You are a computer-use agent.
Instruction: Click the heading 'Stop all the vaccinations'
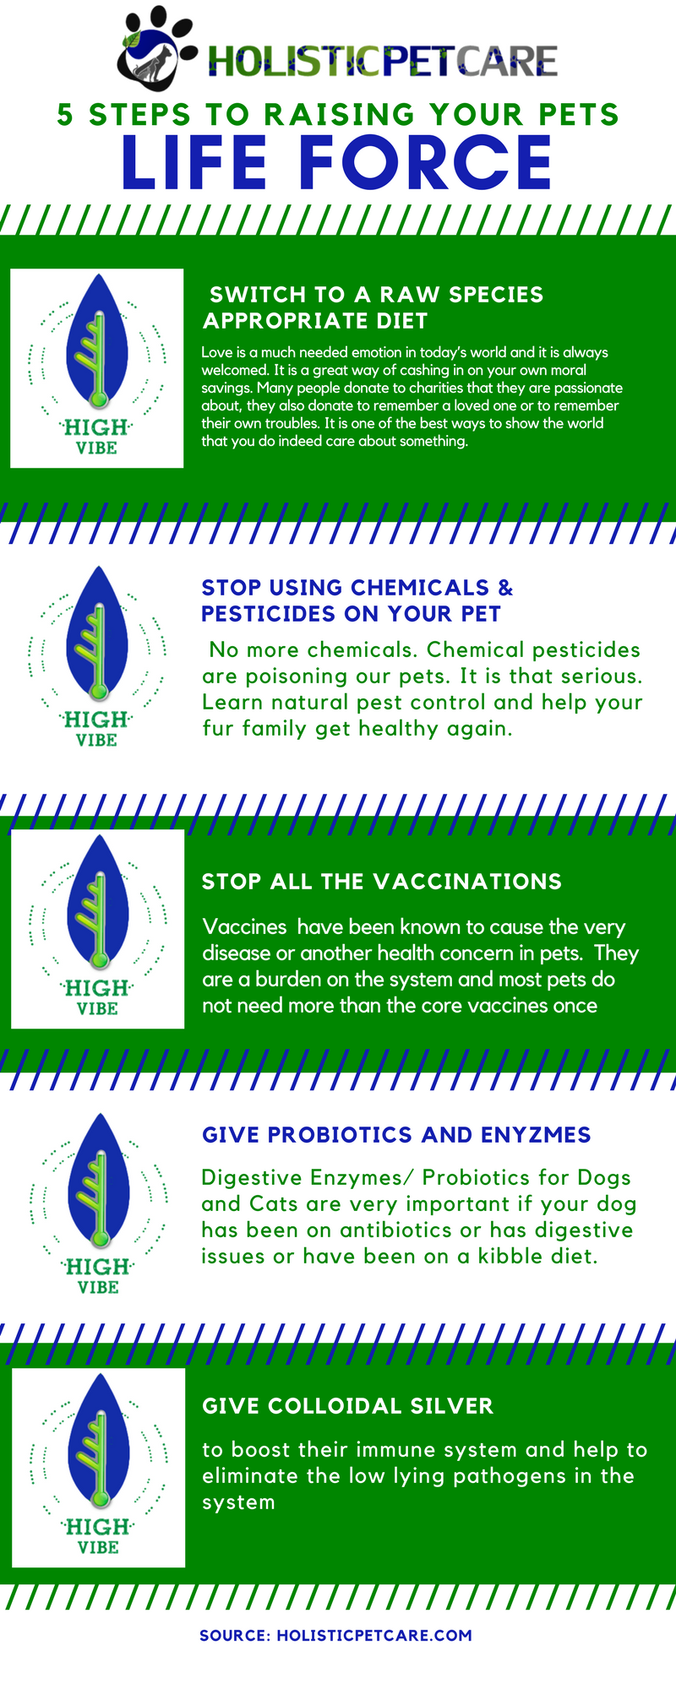point(381,882)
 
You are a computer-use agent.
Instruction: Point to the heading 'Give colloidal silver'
point(347,1406)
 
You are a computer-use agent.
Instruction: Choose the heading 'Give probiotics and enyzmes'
point(396,1135)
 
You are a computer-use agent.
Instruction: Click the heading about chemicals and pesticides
point(357,600)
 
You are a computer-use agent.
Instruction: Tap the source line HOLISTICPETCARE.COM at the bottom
point(335,1636)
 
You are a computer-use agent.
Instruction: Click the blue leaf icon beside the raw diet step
point(97,342)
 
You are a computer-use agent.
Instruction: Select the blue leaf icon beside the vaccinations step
point(98,903)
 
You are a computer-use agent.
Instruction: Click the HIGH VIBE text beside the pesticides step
point(96,729)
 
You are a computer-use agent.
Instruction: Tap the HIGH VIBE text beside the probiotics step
point(98,1276)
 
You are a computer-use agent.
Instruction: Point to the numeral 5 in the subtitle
point(65,114)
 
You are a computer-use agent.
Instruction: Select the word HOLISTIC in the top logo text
point(294,61)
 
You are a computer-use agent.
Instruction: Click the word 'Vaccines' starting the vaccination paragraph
point(245,927)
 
